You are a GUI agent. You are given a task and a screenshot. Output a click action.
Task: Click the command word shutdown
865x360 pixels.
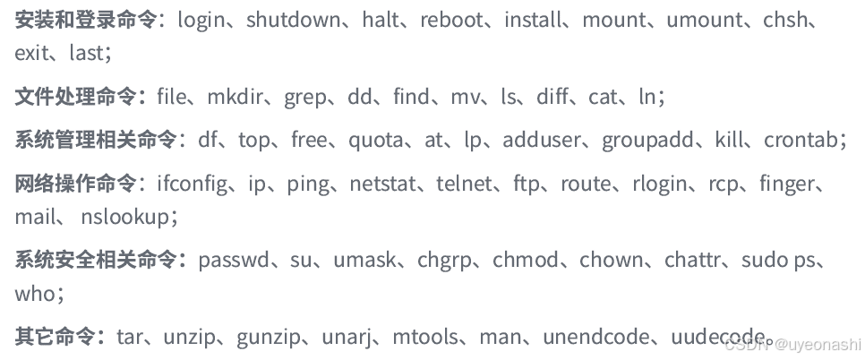(x=293, y=20)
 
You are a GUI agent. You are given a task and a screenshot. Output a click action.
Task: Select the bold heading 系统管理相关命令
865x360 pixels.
(x=97, y=140)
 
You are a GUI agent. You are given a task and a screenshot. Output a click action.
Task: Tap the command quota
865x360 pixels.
(x=376, y=140)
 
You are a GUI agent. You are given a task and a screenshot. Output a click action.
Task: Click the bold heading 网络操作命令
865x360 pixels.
(x=77, y=184)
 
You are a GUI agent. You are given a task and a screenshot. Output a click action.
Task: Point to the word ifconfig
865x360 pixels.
(x=192, y=184)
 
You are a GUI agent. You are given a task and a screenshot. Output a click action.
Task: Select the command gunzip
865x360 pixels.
(x=269, y=337)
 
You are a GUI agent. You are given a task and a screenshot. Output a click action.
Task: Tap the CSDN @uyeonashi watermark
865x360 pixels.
(x=792, y=344)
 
